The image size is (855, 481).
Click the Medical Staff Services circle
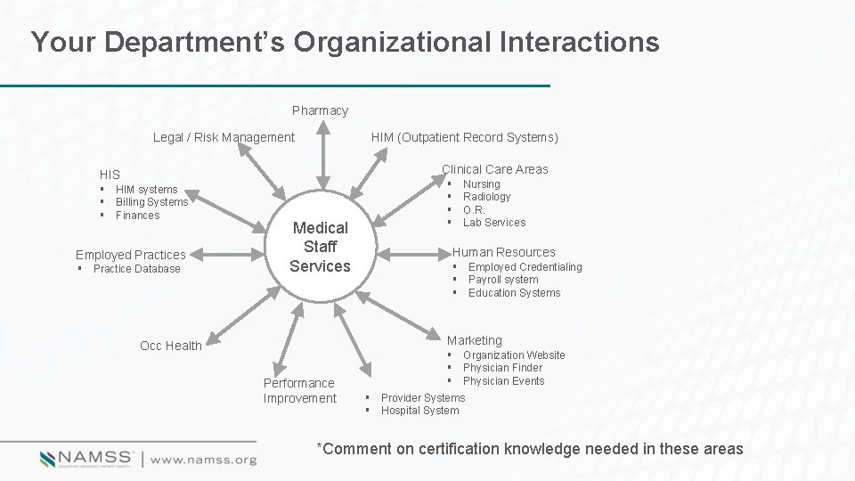pyautogui.click(x=320, y=247)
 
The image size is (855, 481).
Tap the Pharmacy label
pyautogui.click(x=320, y=111)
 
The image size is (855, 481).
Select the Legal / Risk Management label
pyautogui.click(x=224, y=137)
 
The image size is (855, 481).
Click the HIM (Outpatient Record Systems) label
pyautogui.click(x=465, y=137)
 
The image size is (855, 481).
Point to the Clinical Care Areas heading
pyautogui.click(x=495, y=169)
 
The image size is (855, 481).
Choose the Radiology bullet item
pyautogui.click(x=487, y=197)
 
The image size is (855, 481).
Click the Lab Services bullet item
pyautogui.click(x=494, y=223)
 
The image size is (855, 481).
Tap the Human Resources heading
pyautogui.click(x=503, y=252)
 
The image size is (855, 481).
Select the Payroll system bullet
pyautogui.click(x=503, y=280)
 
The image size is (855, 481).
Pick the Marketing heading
pyautogui.click(x=475, y=340)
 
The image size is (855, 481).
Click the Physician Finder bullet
pyautogui.click(x=502, y=368)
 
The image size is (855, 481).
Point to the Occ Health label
pyautogui.click(x=171, y=346)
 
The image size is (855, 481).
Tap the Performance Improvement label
pyautogui.click(x=299, y=390)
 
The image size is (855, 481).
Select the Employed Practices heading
pyautogui.click(x=131, y=255)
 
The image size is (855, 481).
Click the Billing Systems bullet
pyautogui.click(x=152, y=202)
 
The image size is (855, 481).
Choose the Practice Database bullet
pyautogui.click(x=136, y=269)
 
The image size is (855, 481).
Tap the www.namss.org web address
pyautogui.click(x=203, y=460)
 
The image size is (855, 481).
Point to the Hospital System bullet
pyautogui.click(x=420, y=411)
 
